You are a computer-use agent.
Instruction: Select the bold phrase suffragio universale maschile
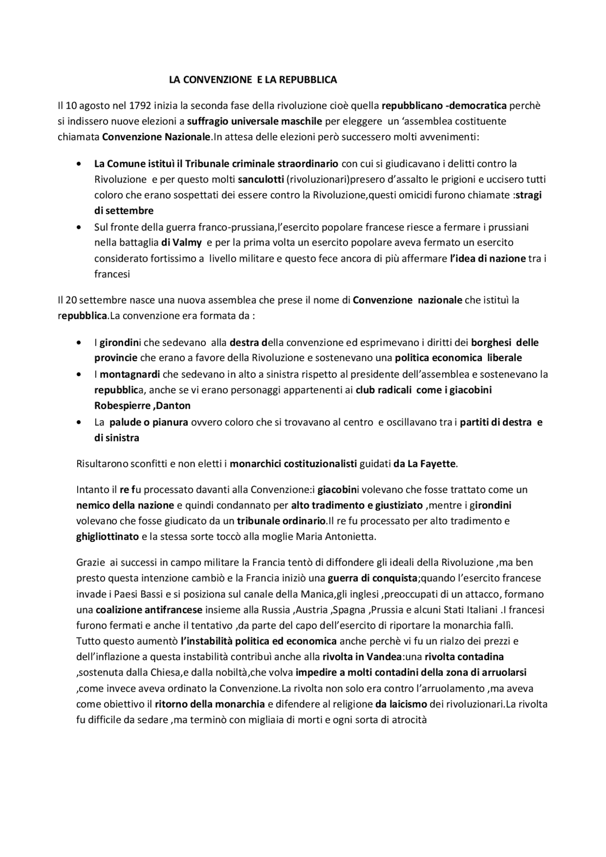(x=255, y=121)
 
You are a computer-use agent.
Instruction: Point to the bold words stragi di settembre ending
(x=124, y=211)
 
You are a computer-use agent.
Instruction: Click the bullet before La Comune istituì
(x=79, y=164)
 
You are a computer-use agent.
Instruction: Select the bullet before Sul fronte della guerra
(x=79, y=228)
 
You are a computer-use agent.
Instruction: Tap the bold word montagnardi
(x=130, y=374)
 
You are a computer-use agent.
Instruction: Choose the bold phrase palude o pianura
(x=149, y=422)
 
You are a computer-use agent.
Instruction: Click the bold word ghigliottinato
(x=107, y=537)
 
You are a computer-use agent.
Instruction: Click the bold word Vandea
(x=383, y=657)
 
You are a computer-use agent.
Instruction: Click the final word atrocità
(x=410, y=720)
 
